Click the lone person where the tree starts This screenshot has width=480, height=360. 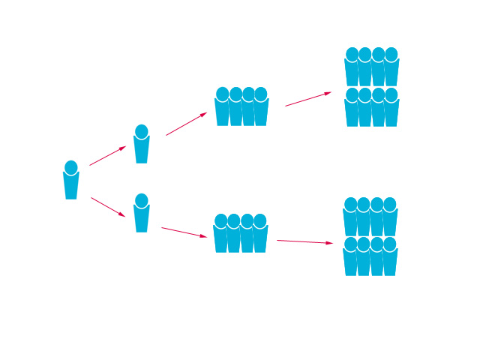tap(71, 182)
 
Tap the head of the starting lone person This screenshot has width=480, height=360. tap(71, 167)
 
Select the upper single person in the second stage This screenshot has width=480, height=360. tap(141, 146)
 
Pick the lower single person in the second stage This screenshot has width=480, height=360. tap(141, 215)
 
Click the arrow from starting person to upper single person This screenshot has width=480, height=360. tap(107, 156)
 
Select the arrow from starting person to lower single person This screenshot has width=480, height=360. tap(108, 207)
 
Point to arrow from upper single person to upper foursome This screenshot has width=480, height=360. tap(186, 124)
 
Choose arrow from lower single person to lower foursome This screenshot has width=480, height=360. tap(184, 232)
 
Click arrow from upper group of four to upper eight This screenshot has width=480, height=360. tap(307, 99)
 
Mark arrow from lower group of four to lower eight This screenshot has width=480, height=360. tap(304, 241)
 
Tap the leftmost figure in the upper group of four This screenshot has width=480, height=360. tap(222, 109)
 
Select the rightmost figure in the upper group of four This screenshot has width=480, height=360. tap(261, 109)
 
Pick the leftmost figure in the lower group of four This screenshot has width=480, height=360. tap(220, 236)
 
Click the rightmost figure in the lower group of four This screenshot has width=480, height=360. tap(260, 236)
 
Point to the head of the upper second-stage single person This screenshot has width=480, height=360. tap(141, 132)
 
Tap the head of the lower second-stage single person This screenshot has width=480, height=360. tap(141, 201)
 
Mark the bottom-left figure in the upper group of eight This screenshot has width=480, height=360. tap(352, 110)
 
